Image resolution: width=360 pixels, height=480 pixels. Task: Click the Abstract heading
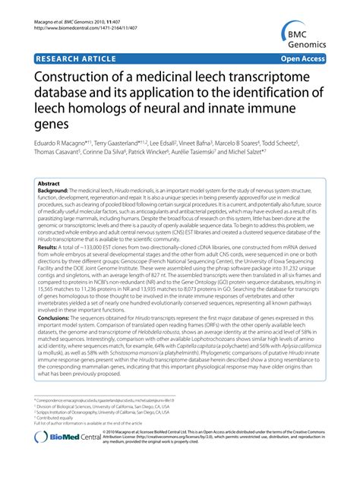point(50,185)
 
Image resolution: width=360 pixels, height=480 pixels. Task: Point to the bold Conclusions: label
point(54,328)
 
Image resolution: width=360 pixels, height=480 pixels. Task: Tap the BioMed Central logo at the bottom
point(57,459)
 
